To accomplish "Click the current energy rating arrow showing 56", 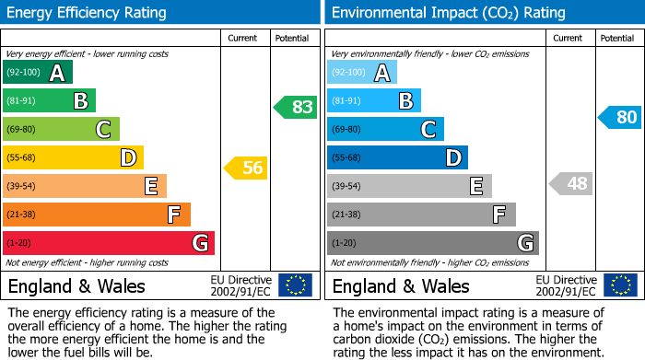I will [x=245, y=168].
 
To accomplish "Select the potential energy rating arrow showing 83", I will [x=296, y=107].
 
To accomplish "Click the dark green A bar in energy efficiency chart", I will [x=37, y=73].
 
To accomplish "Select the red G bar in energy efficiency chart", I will [x=108, y=243].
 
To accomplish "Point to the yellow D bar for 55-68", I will [x=73, y=157].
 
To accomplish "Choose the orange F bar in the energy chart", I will [x=96, y=215].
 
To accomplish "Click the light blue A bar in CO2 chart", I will [x=361, y=73].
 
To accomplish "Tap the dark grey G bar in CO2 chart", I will [x=432, y=243].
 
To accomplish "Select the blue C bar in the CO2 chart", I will [x=385, y=129].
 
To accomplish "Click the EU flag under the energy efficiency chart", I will [x=295, y=285].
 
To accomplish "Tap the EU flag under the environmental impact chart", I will [x=620, y=285].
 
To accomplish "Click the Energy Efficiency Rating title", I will [x=88, y=13].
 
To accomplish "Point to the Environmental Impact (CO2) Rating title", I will [x=447, y=13].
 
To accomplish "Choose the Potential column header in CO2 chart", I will [x=617, y=38].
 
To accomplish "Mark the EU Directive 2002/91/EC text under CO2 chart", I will [x=566, y=285].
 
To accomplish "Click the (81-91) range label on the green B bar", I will [x=23, y=101].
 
